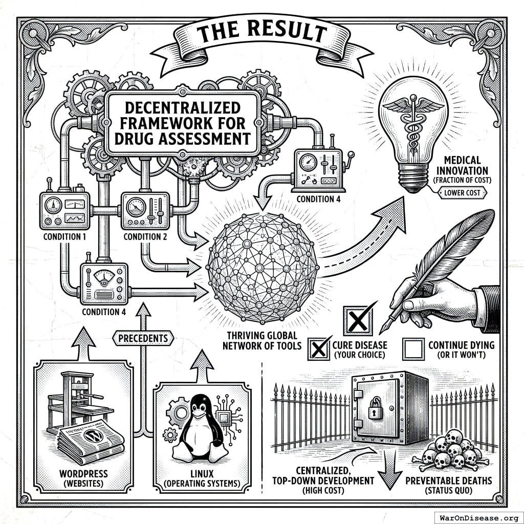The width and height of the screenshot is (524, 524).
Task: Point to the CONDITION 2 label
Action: click(145, 236)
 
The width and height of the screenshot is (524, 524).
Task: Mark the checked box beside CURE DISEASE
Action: click(319, 350)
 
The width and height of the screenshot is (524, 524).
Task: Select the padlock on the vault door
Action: click(376, 409)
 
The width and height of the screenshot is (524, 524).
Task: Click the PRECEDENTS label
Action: click(143, 338)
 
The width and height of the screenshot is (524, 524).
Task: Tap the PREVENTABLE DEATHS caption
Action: click(448, 481)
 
